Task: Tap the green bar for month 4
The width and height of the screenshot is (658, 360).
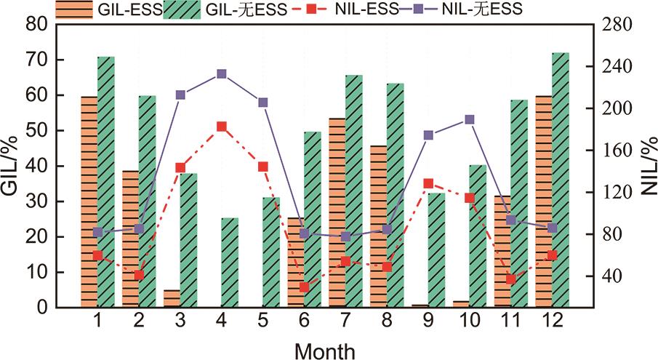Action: coord(230,263)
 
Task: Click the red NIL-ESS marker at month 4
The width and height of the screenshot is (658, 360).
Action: coord(222,127)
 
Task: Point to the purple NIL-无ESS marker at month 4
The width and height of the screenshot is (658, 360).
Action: coord(222,73)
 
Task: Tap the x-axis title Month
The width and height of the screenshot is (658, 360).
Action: coord(325,351)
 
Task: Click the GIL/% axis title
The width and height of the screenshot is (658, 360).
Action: coord(12,166)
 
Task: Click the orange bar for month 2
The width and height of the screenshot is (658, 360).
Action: coord(130,239)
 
